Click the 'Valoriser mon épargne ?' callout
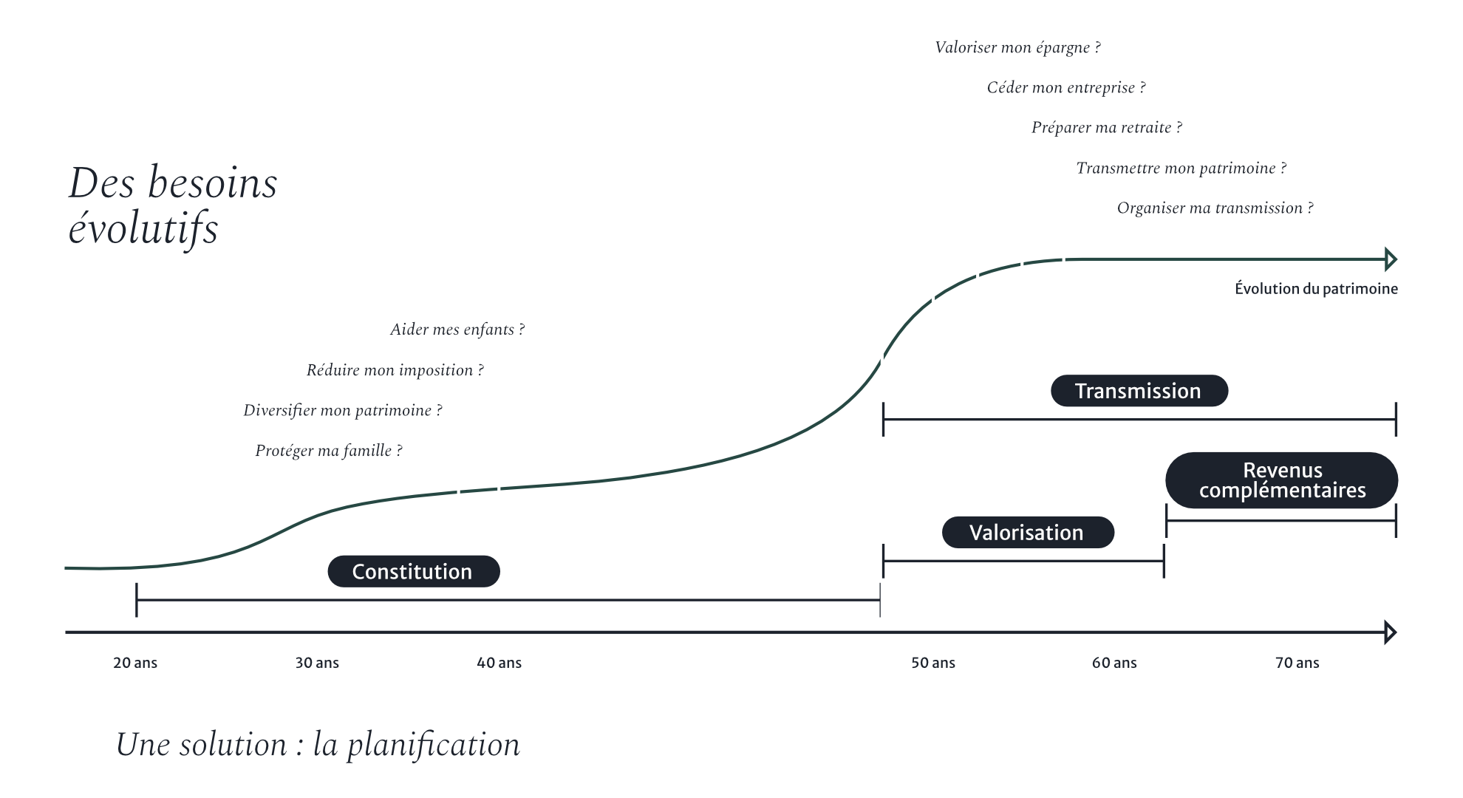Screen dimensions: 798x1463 (x=1017, y=48)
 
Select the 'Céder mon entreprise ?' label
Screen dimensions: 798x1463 (x=1066, y=88)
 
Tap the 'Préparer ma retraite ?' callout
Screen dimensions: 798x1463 (x=1106, y=128)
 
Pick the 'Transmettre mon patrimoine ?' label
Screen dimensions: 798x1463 (x=1181, y=168)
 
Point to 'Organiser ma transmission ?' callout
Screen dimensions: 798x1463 (x=1215, y=208)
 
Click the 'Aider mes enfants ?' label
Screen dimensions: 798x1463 (x=457, y=330)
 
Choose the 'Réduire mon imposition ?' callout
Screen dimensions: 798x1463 (x=395, y=370)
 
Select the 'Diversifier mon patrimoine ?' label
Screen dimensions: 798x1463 (x=343, y=411)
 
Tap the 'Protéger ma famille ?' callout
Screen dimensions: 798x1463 (x=329, y=451)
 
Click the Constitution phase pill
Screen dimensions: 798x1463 (x=413, y=571)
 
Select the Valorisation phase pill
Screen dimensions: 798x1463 (x=1027, y=532)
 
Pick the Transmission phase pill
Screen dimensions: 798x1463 (x=1139, y=391)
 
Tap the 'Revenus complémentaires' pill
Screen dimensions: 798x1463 (x=1282, y=480)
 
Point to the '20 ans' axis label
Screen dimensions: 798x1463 (x=135, y=663)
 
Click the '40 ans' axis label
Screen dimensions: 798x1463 (x=499, y=663)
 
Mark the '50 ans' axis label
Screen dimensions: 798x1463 (x=932, y=663)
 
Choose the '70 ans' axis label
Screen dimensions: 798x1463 (x=1297, y=663)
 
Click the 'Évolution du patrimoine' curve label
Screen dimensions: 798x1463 (x=1316, y=289)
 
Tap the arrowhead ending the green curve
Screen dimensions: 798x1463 (x=1391, y=259)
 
